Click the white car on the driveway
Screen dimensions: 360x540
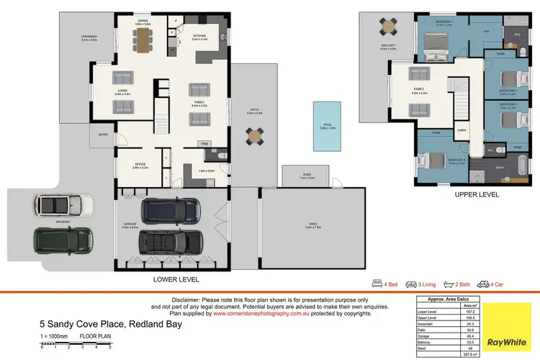(x=63, y=206)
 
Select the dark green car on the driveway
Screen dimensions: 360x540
(x=63, y=240)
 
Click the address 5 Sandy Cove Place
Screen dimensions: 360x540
(x=110, y=325)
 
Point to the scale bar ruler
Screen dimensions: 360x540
(x=75, y=345)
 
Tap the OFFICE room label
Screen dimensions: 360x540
(x=140, y=163)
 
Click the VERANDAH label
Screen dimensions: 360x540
(x=89, y=36)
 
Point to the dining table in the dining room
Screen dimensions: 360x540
(x=143, y=40)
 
